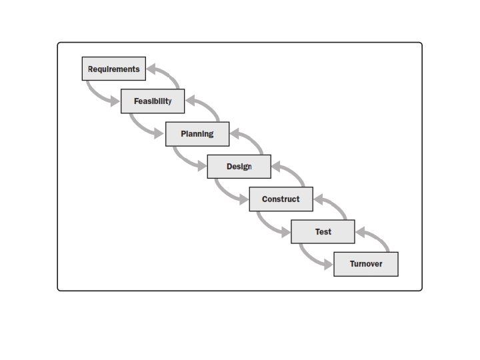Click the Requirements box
pyautogui.click(x=113, y=69)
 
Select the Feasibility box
pyautogui.click(x=153, y=101)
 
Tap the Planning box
pyautogui.click(x=197, y=134)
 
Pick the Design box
pyautogui.click(x=239, y=166)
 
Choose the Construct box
pyautogui.click(x=281, y=199)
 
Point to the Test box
pyautogui.click(x=323, y=231)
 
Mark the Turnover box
pyautogui.click(x=366, y=264)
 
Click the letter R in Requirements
pyautogui.click(x=91, y=69)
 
